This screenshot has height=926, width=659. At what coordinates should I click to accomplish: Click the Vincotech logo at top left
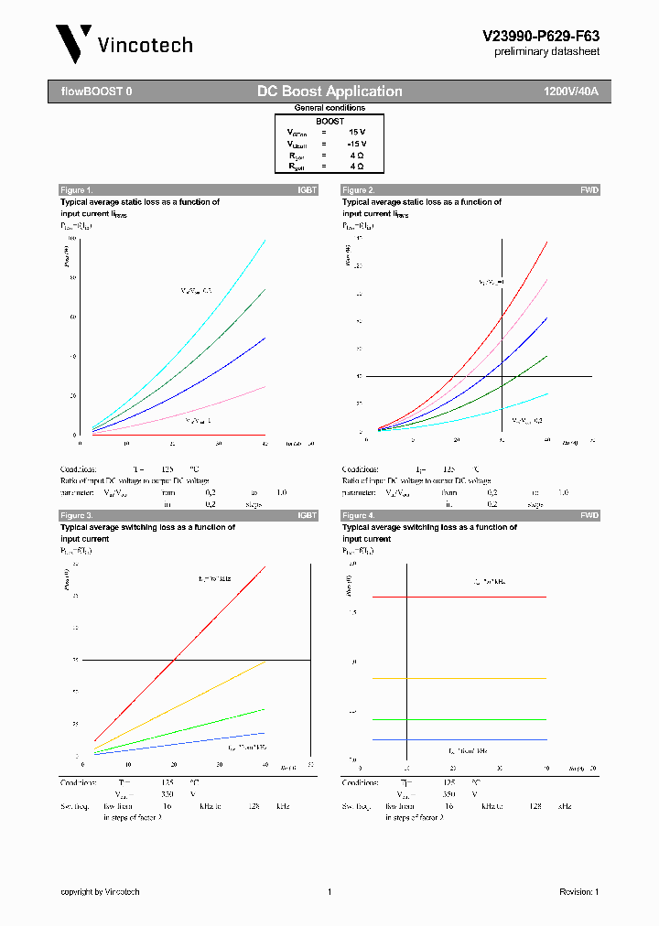coord(124,44)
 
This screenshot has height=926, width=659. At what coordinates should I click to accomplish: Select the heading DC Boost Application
coord(329,92)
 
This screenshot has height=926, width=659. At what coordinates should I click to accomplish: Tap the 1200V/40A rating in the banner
coord(571,92)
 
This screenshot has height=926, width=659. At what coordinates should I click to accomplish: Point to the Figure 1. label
coord(77,190)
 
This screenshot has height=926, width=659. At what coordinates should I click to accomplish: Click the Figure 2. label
coord(359,190)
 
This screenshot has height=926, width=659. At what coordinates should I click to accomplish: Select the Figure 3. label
coord(77,516)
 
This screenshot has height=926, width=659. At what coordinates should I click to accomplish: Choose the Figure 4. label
coord(359,516)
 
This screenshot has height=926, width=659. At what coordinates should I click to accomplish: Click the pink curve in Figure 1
coord(229,402)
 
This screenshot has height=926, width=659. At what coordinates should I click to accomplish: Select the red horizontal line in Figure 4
coord(476,597)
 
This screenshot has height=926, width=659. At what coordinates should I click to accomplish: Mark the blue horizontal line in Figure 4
coord(476,739)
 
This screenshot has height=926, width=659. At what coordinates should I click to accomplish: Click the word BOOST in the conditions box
coord(330,121)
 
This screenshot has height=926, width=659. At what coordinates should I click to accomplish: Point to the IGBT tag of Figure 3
coord(307,516)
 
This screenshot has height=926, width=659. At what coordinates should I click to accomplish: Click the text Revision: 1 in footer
coord(578,892)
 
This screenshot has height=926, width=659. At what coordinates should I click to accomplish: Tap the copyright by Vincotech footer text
coord(100,892)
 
